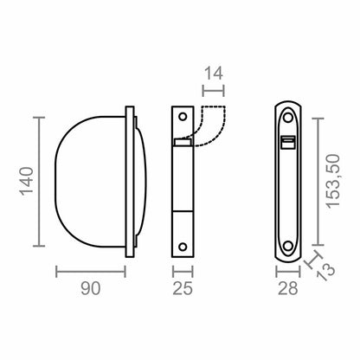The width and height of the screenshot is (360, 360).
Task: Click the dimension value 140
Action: point(27,181)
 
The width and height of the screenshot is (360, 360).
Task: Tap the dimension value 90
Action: point(91,288)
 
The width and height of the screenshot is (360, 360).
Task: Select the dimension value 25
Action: point(183,288)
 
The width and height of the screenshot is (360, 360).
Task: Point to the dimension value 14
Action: point(214,74)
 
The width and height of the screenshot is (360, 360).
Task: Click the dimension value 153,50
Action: point(333,181)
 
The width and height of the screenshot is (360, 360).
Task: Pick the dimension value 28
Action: point(288,288)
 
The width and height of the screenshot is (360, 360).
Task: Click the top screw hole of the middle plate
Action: point(183,117)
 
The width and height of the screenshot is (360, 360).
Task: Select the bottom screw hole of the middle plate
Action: point(183,247)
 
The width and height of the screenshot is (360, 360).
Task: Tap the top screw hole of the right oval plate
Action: point(287,118)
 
